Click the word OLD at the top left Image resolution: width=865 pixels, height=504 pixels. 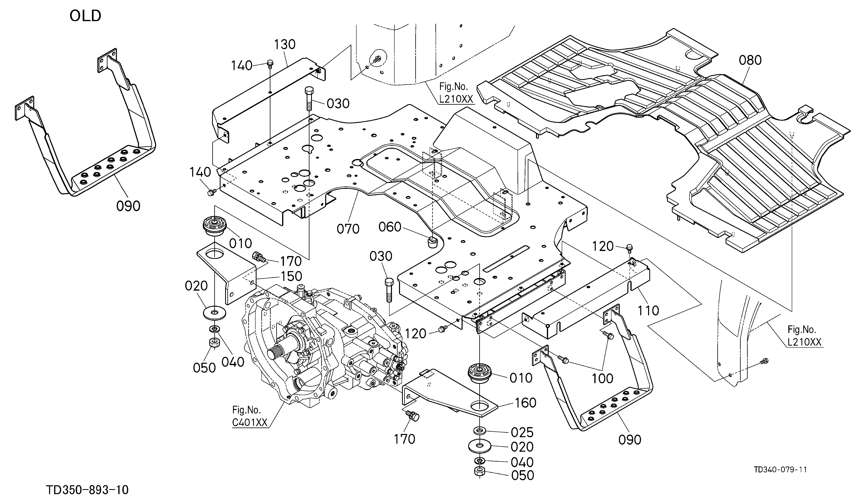click(x=86, y=16)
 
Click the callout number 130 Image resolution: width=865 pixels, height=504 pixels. click(x=285, y=44)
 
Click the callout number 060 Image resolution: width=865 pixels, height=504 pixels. click(x=390, y=227)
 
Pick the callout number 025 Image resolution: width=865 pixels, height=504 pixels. click(x=522, y=432)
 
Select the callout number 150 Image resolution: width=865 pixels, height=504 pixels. click(x=291, y=276)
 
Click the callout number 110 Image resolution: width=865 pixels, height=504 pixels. click(x=648, y=310)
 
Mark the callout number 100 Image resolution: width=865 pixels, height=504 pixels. click(x=602, y=378)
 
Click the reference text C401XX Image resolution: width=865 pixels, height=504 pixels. click(x=249, y=422)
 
